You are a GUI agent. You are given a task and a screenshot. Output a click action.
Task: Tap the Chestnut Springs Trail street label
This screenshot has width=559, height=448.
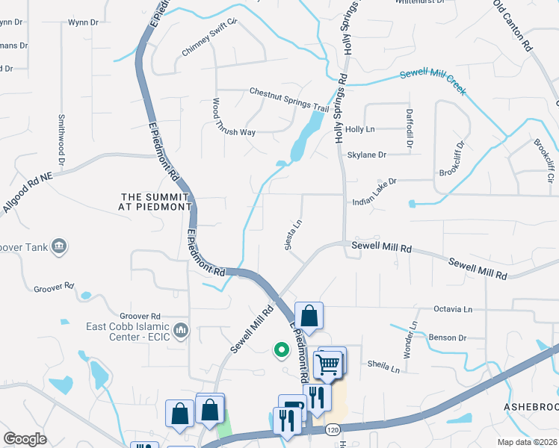pos(289,99)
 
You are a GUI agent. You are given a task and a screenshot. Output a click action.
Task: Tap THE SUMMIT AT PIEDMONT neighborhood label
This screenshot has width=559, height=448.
pos(157,202)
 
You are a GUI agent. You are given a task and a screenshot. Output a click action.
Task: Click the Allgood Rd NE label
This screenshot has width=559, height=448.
pos(29,190)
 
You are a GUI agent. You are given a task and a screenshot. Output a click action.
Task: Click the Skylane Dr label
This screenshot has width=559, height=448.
pos(366,155)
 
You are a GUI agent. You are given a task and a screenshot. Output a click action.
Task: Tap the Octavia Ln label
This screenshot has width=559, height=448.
pos(454,308)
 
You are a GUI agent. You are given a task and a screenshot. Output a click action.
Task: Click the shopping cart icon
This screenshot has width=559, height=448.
pos(328,364)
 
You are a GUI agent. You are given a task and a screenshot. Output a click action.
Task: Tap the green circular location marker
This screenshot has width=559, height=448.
pos(282,349)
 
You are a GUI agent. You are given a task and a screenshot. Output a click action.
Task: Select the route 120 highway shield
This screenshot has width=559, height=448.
pos(334,430)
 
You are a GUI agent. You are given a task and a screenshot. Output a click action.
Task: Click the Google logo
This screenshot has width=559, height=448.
pos(24,439)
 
